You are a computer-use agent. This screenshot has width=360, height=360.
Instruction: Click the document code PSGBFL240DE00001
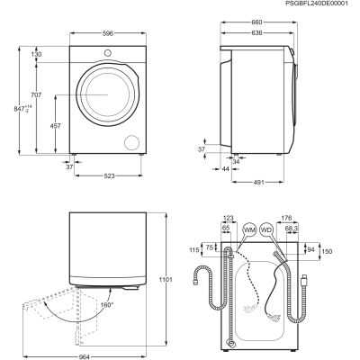(x=317, y=4)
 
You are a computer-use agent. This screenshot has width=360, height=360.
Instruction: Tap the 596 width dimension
(x=108, y=33)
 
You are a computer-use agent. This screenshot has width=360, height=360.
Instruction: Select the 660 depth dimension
(x=256, y=22)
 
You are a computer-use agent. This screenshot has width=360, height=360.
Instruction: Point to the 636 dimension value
(x=256, y=32)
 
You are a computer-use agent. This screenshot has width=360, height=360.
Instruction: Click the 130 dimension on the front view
(x=36, y=54)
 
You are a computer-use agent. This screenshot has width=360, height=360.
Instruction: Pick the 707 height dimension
(x=36, y=94)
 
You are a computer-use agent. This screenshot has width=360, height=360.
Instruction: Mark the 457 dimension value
(x=55, y=126)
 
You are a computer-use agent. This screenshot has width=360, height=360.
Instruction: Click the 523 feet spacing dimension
(x=109, y=175)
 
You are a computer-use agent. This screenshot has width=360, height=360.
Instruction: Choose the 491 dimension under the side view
(x=258, y=182)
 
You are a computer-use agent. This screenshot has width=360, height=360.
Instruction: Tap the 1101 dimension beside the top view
(x=166, y=280)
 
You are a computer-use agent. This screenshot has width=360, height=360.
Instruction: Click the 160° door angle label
(x=107, y=305)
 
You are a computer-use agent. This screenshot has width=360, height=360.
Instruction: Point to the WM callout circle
(x=249, y=230)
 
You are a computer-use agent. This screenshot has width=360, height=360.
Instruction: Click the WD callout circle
(x=266, y=230)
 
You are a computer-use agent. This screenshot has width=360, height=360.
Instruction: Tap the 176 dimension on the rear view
(x=287, y=218)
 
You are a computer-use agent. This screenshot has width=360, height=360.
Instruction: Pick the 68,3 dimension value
(x=292, y=229)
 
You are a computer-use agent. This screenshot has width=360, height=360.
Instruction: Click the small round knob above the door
(x=108, y=53)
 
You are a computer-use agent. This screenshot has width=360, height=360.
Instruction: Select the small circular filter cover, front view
(x=132, y=142)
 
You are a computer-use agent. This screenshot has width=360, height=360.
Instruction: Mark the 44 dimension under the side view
(x=226, y=169)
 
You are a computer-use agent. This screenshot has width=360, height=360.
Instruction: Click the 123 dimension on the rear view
(x=229, y=218)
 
